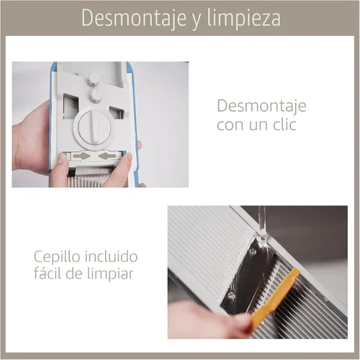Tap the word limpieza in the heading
pos(244,18)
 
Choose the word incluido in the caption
pos(112,256)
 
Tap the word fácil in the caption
pos(48,273)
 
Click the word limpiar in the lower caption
pos(109,274)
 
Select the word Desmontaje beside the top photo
pos(261,107)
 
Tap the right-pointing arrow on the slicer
pos(82,156)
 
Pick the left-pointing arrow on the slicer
pos(107,156)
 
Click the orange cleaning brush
pos(276,297)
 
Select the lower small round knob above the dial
pos(96,95)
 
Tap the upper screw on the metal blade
pos(252,251)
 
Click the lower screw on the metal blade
pos(231,296)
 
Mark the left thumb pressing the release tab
pos(59,170)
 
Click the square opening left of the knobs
pos(71,106)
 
